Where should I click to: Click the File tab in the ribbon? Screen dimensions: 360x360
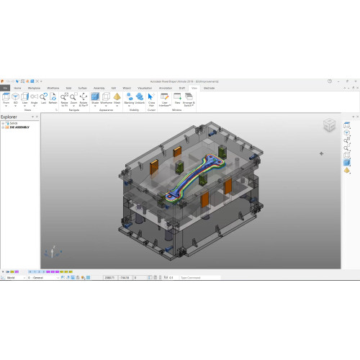(x=5, y=88)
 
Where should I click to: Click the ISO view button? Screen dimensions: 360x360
(x=15, y=98)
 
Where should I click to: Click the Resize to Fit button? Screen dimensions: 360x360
(x=65, y=98)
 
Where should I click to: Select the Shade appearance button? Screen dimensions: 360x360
(x=95, y=98)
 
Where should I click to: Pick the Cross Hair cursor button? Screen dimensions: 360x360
(x=151, y=98)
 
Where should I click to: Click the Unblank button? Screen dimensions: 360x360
(x=140, y=98)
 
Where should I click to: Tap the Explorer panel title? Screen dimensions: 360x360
(x=9, y=116)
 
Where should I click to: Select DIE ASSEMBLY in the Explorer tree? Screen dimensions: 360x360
(x=18, y=127)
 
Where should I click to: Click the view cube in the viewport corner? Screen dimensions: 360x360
(x=328, y=125)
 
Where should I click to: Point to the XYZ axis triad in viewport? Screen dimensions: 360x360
(x=50, y=252)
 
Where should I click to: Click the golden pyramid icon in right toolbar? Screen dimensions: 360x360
(x=346, y=171)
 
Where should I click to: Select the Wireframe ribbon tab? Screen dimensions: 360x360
(x=53, y=88)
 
